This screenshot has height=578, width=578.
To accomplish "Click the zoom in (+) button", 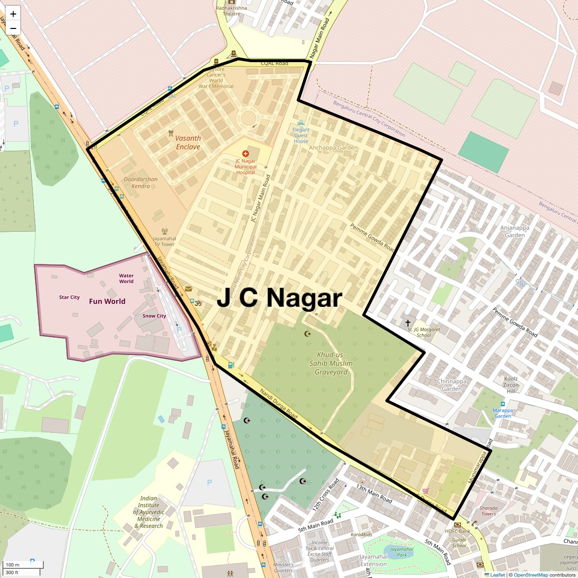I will pyautogui.click(x=13, y=14).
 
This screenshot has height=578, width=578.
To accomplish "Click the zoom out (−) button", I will pyautogui.click(x=13, y=28).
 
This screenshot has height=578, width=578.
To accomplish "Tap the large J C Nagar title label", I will pyautogui.click(x=279, y=299).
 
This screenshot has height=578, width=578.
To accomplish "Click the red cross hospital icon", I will pyautogui.click(x=245, y=154).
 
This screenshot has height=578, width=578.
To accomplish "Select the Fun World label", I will pyautogui.click(x=107, y=302).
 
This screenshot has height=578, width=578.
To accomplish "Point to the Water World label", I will pyautogui.click(x=126, y=278).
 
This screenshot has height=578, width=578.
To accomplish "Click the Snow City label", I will pyautogui.click(x=154, y=316).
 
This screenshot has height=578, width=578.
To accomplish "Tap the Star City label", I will pyautogui.click(x=69, y=297).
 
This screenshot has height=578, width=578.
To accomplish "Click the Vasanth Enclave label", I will pyautogui.click(x=188, y=143).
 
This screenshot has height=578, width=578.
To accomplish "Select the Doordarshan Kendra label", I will pyautogui.click(x=141, y=183).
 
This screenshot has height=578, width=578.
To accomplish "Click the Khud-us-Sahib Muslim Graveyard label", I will pyautogui.click(x=331, y=363).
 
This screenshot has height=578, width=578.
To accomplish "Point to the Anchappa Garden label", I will pyautogui.click(x=333, y=148).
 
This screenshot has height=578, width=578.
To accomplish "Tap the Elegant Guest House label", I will pyautogui.click(x=301, y=135).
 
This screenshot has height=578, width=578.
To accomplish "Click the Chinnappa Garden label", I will pyautogui.click(x=452, y=385).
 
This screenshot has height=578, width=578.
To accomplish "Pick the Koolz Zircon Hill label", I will pyautogui.click(x=511, y=385).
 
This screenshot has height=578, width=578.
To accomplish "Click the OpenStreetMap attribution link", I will pyautogui.click(x=530, y=575).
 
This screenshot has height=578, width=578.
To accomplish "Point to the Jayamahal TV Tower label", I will pyautogui.click(x=164, y=241).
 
